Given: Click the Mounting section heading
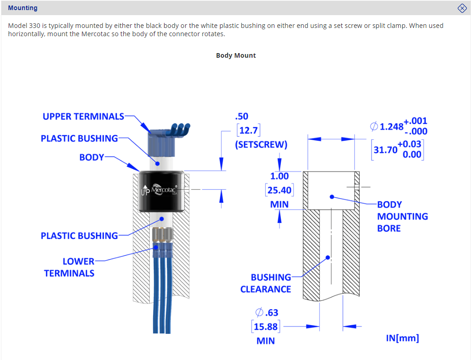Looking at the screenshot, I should coord(23,8).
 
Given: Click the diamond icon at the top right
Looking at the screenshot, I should coord(462,8).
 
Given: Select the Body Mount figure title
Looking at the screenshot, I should coord(236,55).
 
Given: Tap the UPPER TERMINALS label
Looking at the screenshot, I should coord(83,116).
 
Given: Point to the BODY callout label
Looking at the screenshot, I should coord(92,157).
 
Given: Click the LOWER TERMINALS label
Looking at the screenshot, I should coord(69,267).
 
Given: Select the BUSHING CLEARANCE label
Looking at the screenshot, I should coord(266,283).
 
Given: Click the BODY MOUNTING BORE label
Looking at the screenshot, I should coord(402,216).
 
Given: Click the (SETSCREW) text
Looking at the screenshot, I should coord(261,145).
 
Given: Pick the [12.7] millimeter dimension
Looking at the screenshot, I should coord(249,131).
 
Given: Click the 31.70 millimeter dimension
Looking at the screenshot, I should coord(385,149).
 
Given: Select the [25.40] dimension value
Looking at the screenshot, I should coord(279,190).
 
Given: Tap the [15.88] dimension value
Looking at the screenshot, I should coord(266,327).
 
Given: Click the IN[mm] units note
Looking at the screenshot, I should coord(403,338).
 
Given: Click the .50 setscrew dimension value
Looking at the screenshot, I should coord(241,116).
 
